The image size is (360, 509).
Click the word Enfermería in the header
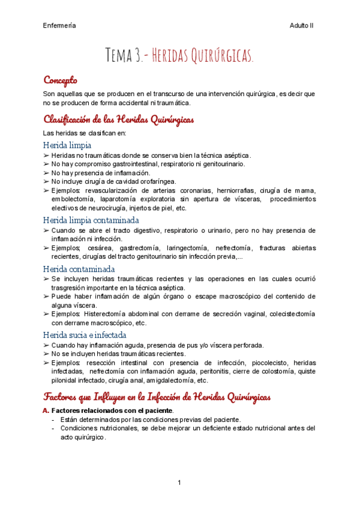(x=59, y=25)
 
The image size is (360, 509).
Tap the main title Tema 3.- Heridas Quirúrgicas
(x=180, y=56)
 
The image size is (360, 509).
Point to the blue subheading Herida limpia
(x=67, y=145)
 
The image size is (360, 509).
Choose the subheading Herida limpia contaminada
(x=91, y=220)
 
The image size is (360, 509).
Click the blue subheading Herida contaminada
(x=79, y=268)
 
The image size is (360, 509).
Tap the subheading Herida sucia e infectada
(x=85, y=334)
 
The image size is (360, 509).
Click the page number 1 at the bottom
(x=179, y=483)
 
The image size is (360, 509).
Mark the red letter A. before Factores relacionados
(x=46, y=410)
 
